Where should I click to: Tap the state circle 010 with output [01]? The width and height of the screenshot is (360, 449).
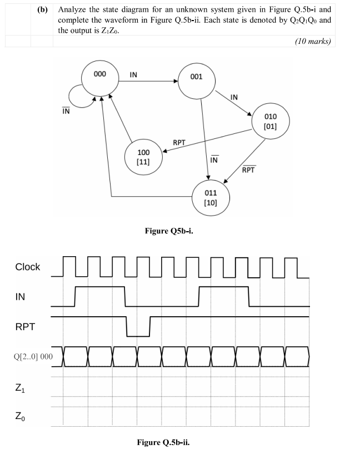pyautogui.click(x=270, y=122)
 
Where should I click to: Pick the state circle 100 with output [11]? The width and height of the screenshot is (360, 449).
pyautogui.click(x=143, y=156)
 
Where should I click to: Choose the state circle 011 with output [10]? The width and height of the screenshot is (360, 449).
pyautogui.click(x=211, y=198)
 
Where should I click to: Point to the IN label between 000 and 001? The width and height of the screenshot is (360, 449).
pyautogui.click(x=134, y=74)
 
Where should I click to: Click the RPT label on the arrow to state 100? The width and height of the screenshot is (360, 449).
pyautogui.click(x=179, y=142)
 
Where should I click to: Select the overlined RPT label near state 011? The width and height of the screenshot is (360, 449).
pyautogui.click(x=248, y=169)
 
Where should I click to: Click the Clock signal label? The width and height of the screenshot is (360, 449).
pyautogui.click(x=27, y=267)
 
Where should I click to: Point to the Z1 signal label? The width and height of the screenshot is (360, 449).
pyautogui.click(x=20, y=387)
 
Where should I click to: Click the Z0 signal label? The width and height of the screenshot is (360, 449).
pyautogui.click(x=20, y=416)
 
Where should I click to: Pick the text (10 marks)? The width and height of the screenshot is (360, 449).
pyautogui.click(x=312, y=41)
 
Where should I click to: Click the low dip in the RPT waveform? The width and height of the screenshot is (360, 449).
pyautogui.click(x=138, y=336)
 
